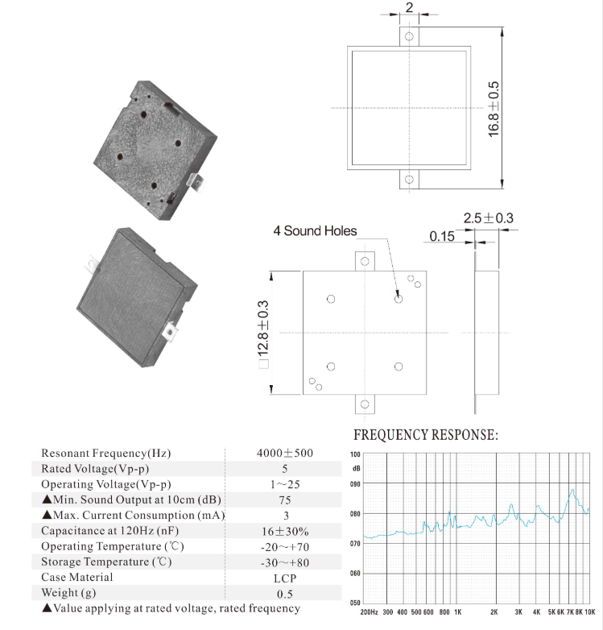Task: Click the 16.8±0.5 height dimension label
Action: click(494, 108)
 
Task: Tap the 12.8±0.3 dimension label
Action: click(263, 332)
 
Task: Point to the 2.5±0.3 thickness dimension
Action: click(488, 218)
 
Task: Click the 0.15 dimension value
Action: click(441, 236)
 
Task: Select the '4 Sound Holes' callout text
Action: click(315, 231)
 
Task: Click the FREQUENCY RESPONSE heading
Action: click(426, 436)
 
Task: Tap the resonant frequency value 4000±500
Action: click(285, 453)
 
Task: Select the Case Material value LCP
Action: click(285, 578)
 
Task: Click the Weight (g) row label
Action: click(73, 594)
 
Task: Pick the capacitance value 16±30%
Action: click(285, 531)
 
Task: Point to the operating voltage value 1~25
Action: click(285, 484)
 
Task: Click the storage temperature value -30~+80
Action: click(285, 562)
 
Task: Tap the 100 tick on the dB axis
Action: click(356, 454)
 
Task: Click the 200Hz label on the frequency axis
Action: click(370, 612)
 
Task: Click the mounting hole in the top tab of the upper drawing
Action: click(409, 36)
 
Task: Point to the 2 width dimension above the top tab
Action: click(409, 7)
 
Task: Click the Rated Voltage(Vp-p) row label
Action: click(95, 469)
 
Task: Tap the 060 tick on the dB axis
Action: click(356, 574)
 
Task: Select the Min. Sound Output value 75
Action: click(285, 499)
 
